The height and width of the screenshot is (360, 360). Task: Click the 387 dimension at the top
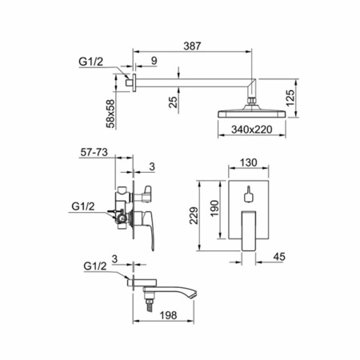pyautogui.click(x=192, y=46)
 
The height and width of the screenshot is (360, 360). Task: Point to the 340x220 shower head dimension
pyautogui.click(x=252, y=130)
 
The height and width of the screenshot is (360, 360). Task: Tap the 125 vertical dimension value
pyautogui.click(x=290, y=98)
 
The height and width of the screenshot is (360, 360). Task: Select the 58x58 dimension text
pyautogui.click(x=110, y=114)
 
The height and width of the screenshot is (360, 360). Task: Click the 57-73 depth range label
pyautogui.click(x=94, y=152)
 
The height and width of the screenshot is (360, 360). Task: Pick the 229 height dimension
pyautogui.click(x=194, y=215)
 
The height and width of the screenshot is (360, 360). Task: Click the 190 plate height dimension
pyautogui.click(x=214, y=208)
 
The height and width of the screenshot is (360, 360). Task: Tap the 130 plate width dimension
pyautogui.click(x=249, y=162)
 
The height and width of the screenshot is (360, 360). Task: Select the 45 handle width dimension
pyautogui.click(x=279, y=257)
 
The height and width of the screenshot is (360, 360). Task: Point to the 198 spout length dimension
pyautogui.click(x=168, y=315)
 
